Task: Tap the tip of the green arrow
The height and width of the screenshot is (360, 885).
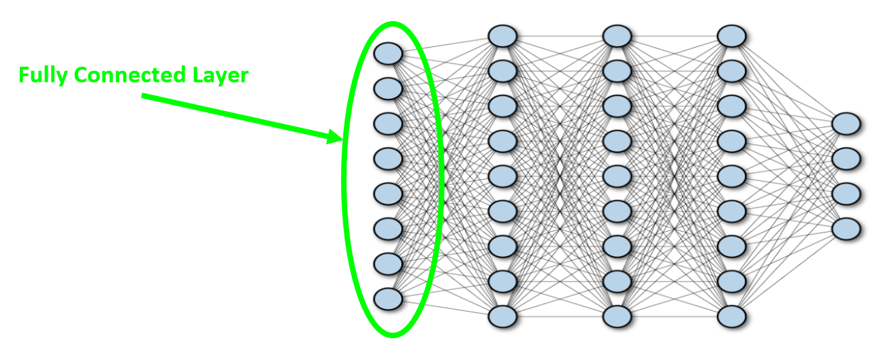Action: tap(340, 139)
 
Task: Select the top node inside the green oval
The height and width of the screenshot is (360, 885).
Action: tap(388, 52)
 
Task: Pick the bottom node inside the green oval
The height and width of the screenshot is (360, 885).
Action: tap(388, 298)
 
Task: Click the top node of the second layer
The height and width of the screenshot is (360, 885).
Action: tap(502, 35)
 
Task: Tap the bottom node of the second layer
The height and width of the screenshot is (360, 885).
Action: tap(502, 316)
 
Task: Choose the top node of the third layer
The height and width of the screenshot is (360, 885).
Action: tap(617, 35)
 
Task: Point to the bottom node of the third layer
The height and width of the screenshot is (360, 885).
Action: tap(617, 316)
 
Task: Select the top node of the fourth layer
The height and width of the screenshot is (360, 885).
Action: tap(732, 35)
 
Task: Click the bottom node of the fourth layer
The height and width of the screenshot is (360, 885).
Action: tap(732, 316)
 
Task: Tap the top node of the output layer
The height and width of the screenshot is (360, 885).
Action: tap(846, 123)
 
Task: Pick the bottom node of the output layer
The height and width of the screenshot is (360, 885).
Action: tap(846, 228)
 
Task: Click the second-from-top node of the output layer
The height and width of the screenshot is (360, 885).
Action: tap(846, 158)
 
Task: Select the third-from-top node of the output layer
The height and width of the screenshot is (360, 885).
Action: tap(846, 193)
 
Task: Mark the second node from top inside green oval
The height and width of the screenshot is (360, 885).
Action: tap(388, 88)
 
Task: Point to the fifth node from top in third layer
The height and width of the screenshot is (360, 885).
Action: tap(617, 176)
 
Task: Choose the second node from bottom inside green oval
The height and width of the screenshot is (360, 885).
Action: tap(388, 263)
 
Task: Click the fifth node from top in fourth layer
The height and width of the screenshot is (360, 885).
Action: tap(732, 176)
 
